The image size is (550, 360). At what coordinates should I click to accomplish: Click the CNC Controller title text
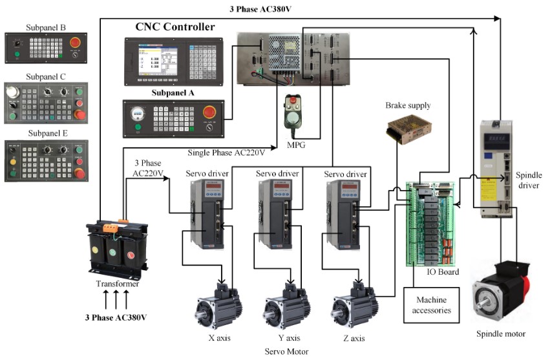pos(175,27)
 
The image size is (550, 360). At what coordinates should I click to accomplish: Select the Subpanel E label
pos(47,133)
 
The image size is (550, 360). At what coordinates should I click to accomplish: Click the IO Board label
pos(443,272)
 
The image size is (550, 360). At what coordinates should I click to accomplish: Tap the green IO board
pos(432,223)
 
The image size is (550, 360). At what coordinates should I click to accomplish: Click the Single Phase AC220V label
pos(226,153)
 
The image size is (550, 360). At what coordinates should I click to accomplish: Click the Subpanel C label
pos(47,76)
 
